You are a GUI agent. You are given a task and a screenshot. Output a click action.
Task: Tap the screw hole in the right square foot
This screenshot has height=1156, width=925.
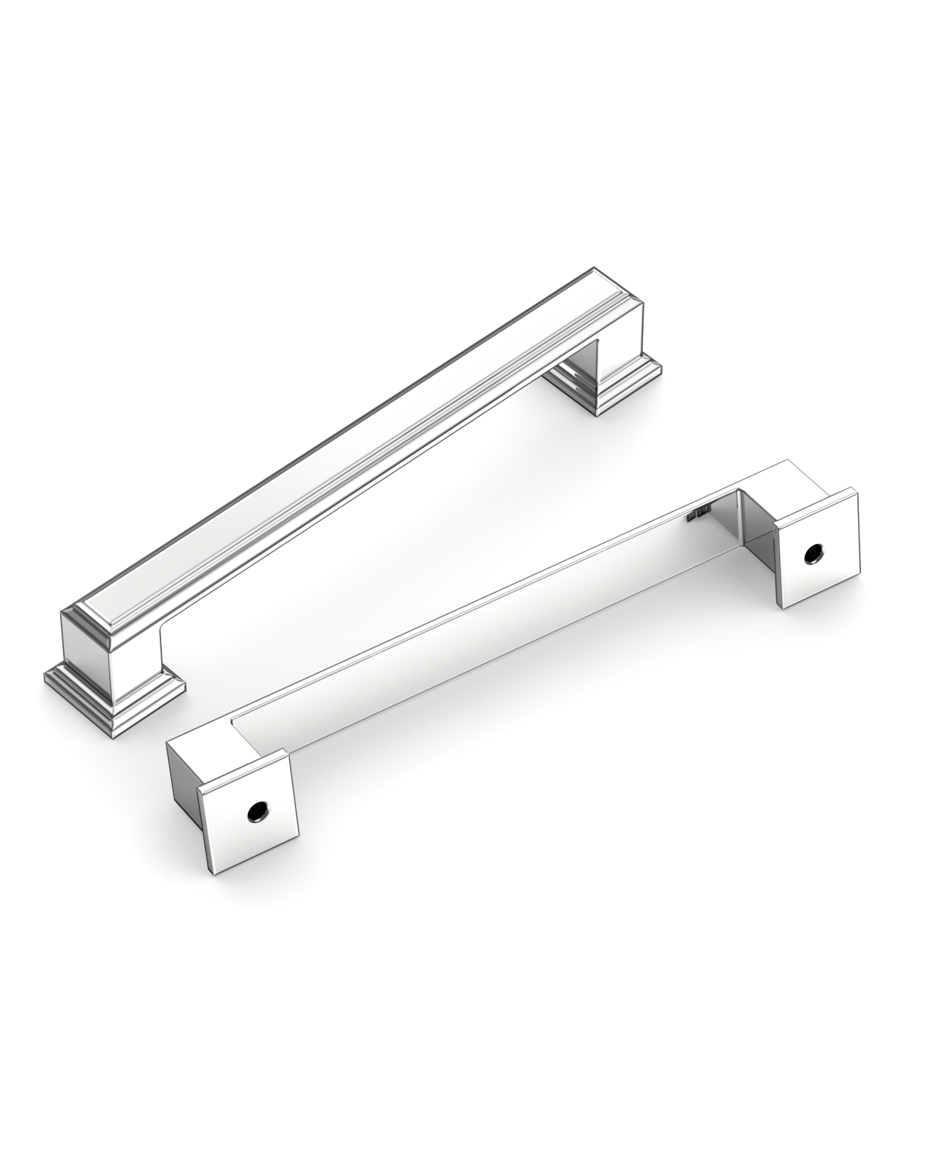coord(812,553)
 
